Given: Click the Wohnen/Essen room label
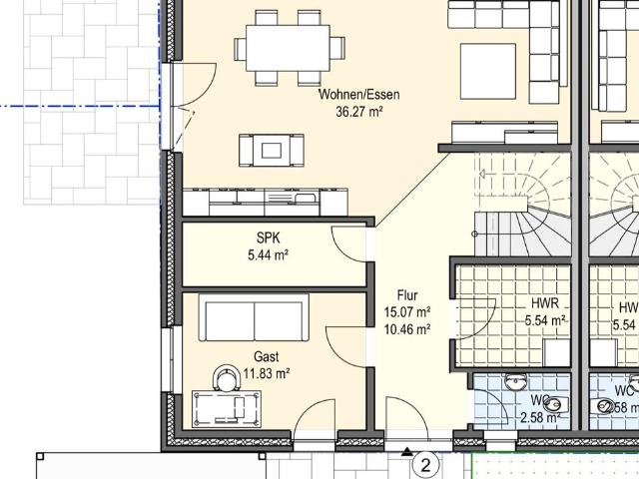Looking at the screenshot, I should click(x=358, y=95).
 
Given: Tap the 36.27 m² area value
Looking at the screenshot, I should click(x=358, y=112).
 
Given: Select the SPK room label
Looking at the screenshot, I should click(x=268, y=239).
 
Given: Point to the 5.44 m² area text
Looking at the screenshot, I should click(x=268, y=255).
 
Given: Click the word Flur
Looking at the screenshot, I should click(x=406, y=295).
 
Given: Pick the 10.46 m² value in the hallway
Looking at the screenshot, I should click(x=406, y=328).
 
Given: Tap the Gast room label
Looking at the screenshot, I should click(x=266, y=357).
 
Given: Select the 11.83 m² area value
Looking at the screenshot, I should click(x=266, y=374).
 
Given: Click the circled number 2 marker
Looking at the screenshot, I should click(x=426, y=464).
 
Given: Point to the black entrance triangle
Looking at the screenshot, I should click(x=406, y=452).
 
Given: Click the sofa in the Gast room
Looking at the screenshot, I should click(x=255, y=318).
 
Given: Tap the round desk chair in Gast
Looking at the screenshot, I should click(x=222, y=376).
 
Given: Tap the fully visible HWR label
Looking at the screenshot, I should click(x=545, y=304).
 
